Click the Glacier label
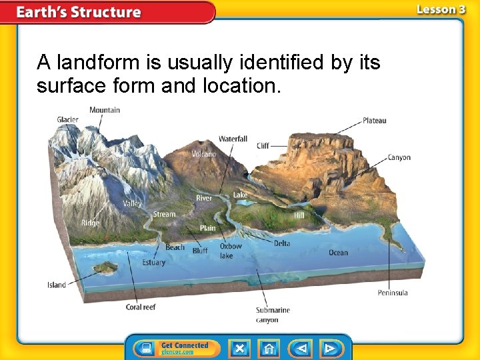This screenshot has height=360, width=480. (x=67, y=120)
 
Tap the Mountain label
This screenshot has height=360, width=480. (x=105, y=109)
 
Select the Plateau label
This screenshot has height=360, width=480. (x=374, y=121)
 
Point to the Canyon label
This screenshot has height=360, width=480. (x=399, y=158)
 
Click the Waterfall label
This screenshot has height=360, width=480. (x=233, y=139)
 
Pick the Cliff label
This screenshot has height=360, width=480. (x=263, y=145)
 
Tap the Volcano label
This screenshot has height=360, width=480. (x=204, y=154)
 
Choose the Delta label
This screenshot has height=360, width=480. (x=282, y=243)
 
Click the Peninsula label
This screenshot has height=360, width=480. (x=393, y=293)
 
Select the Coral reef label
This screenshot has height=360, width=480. (x=141, y=307)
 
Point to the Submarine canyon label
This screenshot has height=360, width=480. (x=273, y=315)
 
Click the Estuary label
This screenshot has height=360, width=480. (x=153, y=262)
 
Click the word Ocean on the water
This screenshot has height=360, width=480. (x=338, y=253)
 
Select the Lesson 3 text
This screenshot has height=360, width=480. (x=441, y=9)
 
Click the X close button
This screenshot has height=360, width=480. (x=239, y=349)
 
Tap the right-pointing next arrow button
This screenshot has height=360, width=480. (x=329, y=349)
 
